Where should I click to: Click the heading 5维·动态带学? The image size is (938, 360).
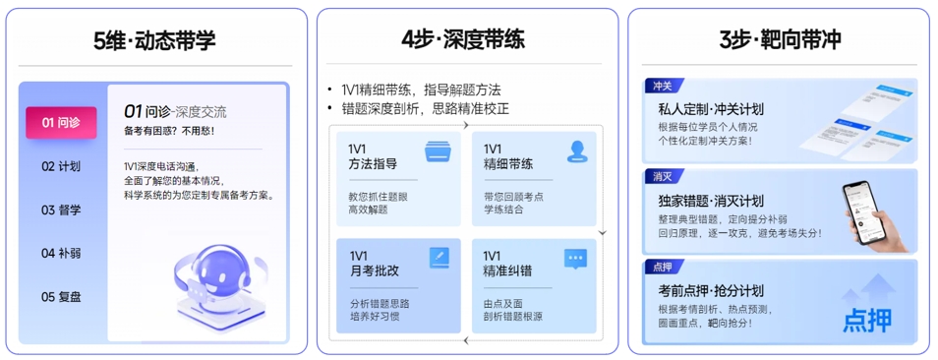[154, 40]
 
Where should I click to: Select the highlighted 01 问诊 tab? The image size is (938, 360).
[61, 123]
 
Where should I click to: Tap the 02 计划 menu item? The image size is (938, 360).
[61, 166]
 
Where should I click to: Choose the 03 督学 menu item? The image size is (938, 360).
[61, 210]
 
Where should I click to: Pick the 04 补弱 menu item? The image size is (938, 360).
[61, 253]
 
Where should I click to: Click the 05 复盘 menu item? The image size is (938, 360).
[61, 296]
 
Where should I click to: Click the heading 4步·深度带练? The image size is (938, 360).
[463, 40]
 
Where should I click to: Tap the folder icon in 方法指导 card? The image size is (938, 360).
[438, 151]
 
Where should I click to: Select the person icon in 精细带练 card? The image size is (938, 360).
[576, 151]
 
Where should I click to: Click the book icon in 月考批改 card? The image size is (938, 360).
[439, 259]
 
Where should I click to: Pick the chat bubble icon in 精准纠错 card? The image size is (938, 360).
[576, 259]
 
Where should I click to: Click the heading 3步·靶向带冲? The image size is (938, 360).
[780, 40]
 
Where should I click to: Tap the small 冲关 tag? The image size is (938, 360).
[662, 87]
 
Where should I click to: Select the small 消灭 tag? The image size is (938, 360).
[662, 177]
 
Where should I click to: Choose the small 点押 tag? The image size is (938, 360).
[662, 267]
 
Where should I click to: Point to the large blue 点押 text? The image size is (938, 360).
[869, 320]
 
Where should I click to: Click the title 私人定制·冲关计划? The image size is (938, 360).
[711, 109]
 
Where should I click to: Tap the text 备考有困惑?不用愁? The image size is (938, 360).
[169, 131]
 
